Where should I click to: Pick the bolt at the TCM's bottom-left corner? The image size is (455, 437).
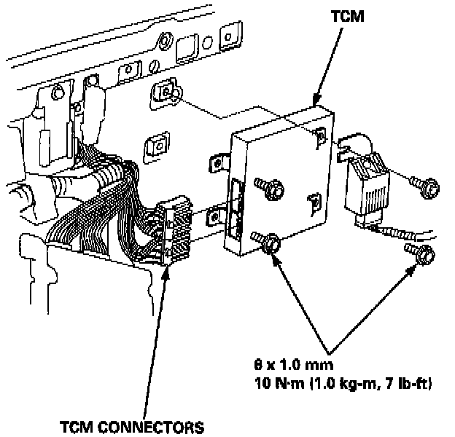pos(267,243)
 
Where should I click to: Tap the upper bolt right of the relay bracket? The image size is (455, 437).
pos(427,187)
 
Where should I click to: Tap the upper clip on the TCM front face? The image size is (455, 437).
pos(320,136)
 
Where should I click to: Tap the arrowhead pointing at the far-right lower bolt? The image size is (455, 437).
pos(415,267)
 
